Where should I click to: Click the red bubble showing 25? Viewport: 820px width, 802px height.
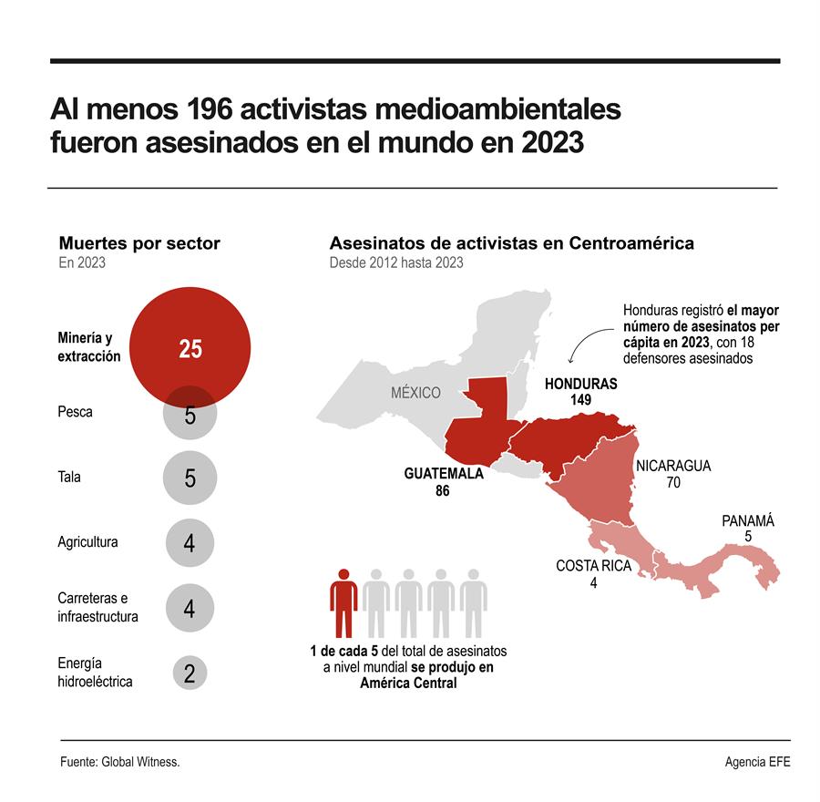[x=190, y=348]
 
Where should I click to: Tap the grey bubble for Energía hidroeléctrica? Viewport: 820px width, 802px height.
[x=190, y=674]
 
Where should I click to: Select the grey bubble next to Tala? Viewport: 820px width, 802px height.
[x=190, y=478]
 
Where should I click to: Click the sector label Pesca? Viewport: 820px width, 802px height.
[x=75, y=412]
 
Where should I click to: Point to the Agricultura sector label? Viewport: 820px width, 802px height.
[x=87, y=542]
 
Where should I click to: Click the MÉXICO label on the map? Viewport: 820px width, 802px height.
[x=415, y=393]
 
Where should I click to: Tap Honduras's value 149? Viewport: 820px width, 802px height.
[x=580, y=400]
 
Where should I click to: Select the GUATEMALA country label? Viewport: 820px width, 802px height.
[x=443, y=474]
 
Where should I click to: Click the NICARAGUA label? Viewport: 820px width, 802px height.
[x=673, y=466]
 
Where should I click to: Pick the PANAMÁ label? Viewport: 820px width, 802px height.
[x=747, y=521]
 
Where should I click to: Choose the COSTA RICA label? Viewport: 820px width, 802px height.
[x=593, y=566]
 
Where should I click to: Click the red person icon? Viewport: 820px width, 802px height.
[x=343, y=602]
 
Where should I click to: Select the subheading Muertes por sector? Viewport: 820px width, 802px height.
[x=139, y=243]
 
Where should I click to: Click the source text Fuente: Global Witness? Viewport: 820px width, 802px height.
[x=119, y=762]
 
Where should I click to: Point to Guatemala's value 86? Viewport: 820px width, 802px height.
[x=443, y=491]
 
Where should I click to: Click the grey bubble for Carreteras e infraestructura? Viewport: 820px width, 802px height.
[x=190, y=608]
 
